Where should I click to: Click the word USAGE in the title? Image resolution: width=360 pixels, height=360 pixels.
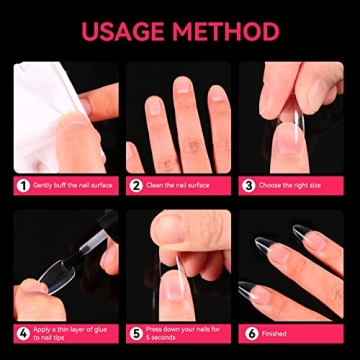pos(125,31)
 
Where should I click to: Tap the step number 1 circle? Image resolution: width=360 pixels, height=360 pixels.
pos(21,185)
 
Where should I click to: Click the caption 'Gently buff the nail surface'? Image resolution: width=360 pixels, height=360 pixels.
pos(72,185)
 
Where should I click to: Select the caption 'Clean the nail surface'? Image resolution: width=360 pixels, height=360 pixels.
pos(180,185)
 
